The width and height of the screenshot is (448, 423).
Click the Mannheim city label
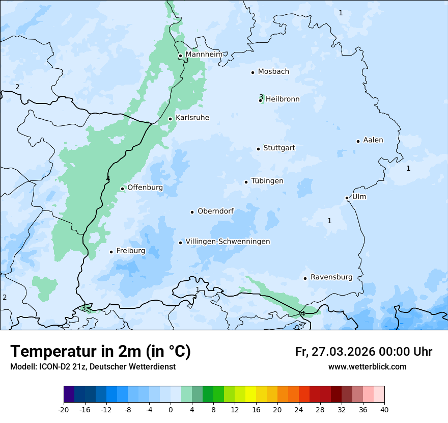coord(204,54)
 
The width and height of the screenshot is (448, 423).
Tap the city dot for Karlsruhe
coord(171,119)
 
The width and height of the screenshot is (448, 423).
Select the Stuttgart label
coord(279,148)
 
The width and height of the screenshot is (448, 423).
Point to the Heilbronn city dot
coord(261,100)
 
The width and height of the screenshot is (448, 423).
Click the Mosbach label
coord(273,71)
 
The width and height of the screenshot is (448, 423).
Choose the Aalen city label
coord(373,140)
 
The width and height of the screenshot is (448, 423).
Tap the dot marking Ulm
coord(347,198)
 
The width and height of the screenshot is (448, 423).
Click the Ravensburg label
coord(331,277)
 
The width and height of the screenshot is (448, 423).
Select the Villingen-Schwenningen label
coord(228,242)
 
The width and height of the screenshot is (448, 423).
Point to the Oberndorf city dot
coord(192,212)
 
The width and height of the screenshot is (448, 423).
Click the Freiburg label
coord(130,251)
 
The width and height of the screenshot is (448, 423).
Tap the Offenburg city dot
coord(123,189)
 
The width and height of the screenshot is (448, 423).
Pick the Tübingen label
coord(267,181)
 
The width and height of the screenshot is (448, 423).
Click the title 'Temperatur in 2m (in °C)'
coord(101,351)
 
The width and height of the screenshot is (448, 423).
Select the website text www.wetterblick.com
coord(367,366)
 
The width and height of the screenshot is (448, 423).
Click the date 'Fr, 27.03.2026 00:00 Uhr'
coord(363,352)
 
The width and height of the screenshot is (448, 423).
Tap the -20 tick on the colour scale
coord(64,409)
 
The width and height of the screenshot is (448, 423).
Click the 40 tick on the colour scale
coord(384,409)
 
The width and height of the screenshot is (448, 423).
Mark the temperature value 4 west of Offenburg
coord(108,178)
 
